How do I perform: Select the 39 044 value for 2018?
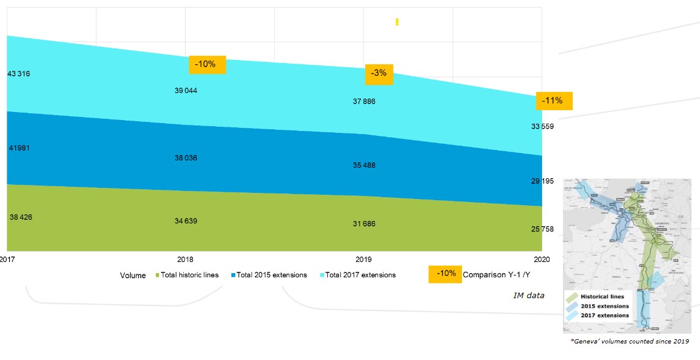pos(186,91)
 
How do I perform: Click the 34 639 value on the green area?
pos(186,221)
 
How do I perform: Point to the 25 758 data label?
pos(542,230)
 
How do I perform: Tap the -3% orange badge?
pos(379,73)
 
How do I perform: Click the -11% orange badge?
pos(553,101)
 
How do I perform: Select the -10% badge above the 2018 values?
pos(207,64)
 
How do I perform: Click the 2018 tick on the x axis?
pos(185,260)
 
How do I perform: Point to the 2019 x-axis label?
pos(363,260)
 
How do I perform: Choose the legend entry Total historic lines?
pos(189,275)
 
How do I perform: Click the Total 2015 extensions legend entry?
pos(271,275)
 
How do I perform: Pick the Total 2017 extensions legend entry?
pos(360,275)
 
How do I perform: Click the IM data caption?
pos(529,296)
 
